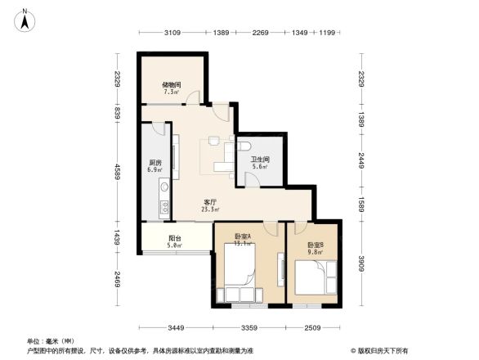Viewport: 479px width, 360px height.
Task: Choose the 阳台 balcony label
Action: tap(174, 240)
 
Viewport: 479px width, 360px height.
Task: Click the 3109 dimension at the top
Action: tap(172, 32)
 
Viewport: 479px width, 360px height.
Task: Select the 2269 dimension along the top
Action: tap(261, 32)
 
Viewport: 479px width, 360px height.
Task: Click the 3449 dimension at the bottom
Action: tap(178, 328)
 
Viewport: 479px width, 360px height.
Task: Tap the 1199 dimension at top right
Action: tap(328, 32)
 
